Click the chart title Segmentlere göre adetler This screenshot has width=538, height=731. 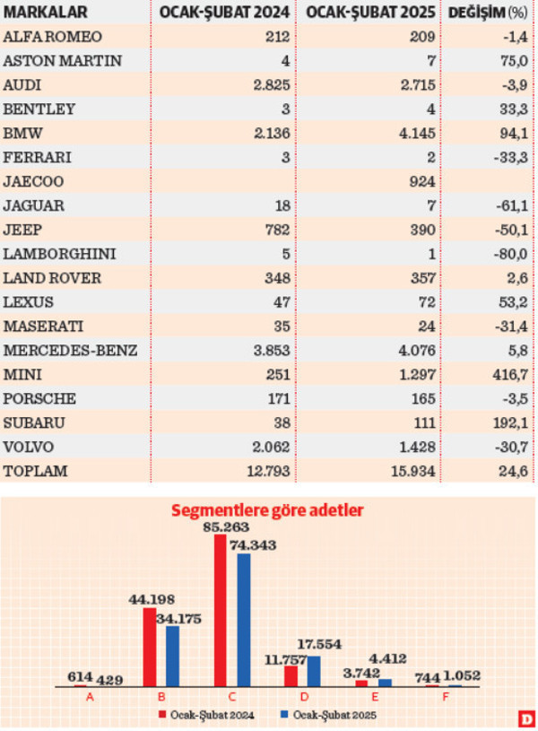pos(269,511)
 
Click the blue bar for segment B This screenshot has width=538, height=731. pos(172,656)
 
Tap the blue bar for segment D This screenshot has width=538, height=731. pos(314,671)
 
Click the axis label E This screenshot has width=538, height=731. pos(373,696)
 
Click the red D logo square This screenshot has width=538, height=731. pos(525,718)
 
